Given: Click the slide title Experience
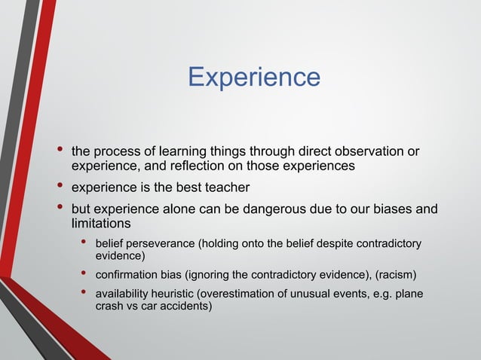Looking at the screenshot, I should [253, 77].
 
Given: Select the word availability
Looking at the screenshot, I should [122, 294].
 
